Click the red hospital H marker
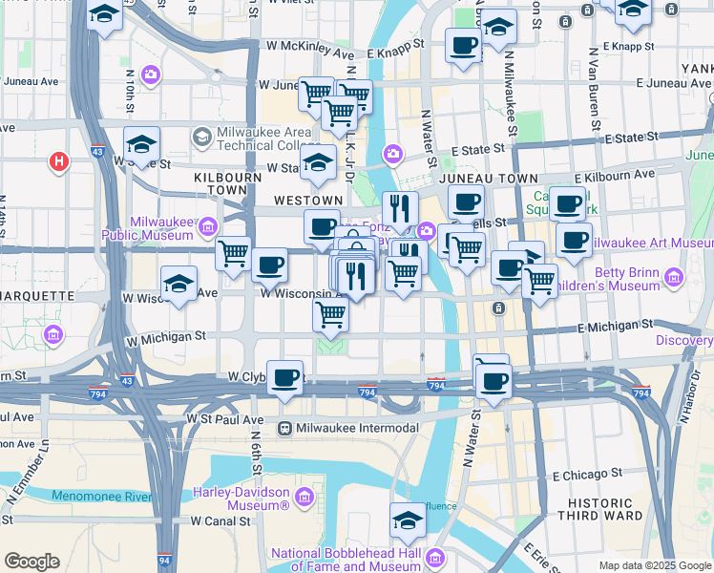click(59, 162)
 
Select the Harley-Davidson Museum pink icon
click(304, 497)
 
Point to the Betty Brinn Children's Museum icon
click(675, 277)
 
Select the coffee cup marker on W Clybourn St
click(284, 376)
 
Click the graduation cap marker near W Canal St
click(408, 520)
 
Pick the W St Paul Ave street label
click(225, 419)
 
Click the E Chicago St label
click(587, 473)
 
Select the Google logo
click(31, 562)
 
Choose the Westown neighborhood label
click(306, 201)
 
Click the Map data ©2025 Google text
click(655, 565)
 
